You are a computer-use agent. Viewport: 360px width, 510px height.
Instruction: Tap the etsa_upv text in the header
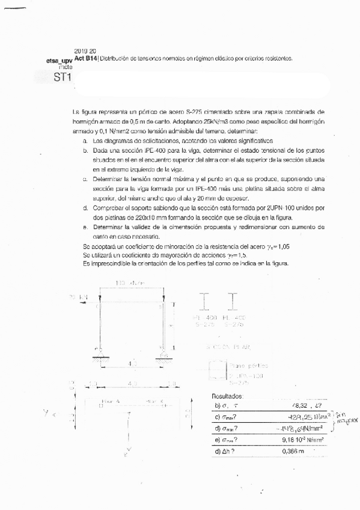point(58,61)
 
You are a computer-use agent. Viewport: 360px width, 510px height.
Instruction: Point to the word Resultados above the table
point(228,396)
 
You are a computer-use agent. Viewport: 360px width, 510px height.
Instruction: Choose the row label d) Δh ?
point(226,450)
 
